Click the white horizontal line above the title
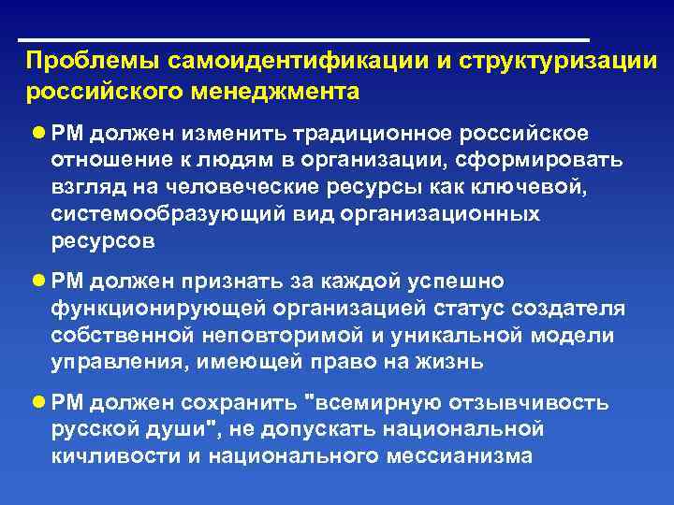click(304, 40)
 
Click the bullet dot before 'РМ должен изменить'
click(38, 133)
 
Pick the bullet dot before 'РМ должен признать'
click(38, 281)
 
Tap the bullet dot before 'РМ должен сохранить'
click(38, 403)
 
